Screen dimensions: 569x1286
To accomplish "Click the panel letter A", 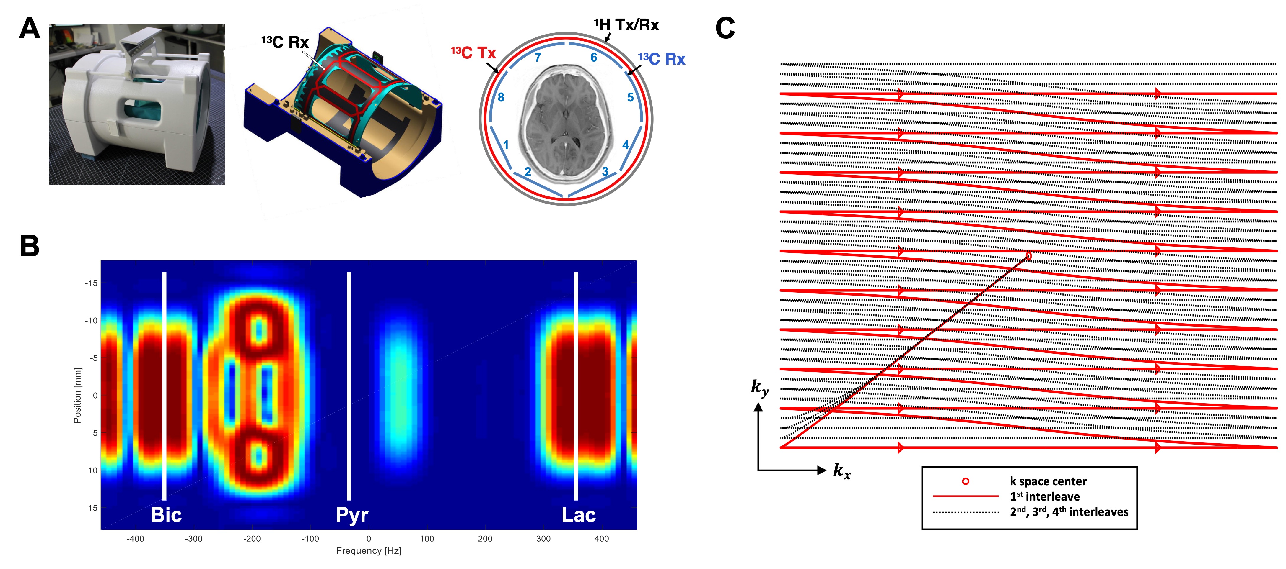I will (x=30, y=29).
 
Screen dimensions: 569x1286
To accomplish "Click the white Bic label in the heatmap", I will (x=166, y=515).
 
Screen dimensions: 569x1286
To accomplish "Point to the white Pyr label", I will (x=352, y=515).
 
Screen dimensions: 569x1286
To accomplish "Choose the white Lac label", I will (x=579, y=515).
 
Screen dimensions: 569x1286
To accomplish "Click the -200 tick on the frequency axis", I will (x=252, y=539).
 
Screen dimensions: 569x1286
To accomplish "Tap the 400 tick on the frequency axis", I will (x=602, y=539).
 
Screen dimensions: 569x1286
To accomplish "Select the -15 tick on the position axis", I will (x=91, y=283).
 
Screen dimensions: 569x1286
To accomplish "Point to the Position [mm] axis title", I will (x=77, y=396).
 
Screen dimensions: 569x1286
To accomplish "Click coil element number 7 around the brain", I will (x=538, y=57).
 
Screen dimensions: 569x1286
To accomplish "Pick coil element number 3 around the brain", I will (x=605, y=172).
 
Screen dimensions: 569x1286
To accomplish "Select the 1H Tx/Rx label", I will (x=626, y=25).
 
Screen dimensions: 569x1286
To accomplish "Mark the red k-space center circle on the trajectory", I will (x=1028, y=256).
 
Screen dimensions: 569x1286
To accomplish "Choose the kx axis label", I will (x=842, y=471).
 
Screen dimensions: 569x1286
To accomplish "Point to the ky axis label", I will (x=760, y=388).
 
